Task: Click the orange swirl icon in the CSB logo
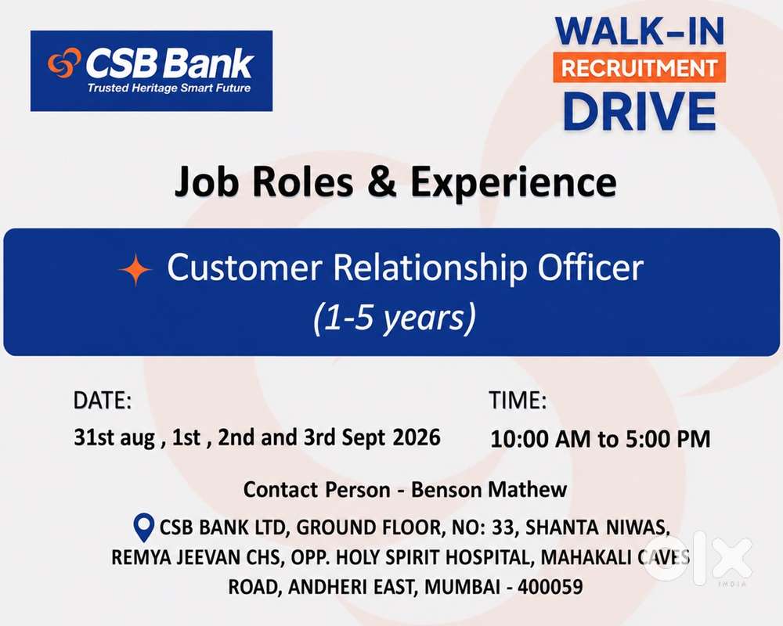click(64, 63)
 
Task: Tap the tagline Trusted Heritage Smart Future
click(169, 88)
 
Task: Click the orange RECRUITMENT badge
click(639, 67)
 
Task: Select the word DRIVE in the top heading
click(640, 111)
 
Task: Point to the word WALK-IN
click(640, 31)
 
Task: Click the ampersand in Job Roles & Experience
click(382, 182)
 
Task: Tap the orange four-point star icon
click(135, 269)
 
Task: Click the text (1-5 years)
click(395, 318)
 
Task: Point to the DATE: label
click(103, 401)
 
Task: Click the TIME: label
click(518, 401)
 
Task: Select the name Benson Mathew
click(489, 489)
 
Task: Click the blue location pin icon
click(144, 527)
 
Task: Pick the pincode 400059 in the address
click(550, 587)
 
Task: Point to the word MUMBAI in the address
click(462, 587)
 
